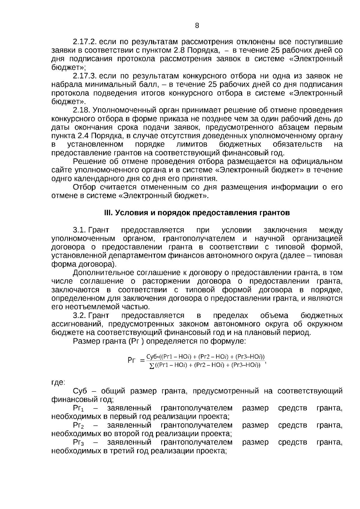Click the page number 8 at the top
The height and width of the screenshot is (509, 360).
tap(197, 26)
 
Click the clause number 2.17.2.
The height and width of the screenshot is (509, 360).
tap(85, 42)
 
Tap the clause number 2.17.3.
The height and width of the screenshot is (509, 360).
tap(85, 76)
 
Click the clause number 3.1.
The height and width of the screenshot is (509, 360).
tap(79, 230)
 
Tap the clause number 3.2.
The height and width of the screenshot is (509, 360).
tap(79, 316)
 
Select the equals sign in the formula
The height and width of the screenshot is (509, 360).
tap(142, 361)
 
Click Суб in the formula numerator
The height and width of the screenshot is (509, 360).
tap(152, 357)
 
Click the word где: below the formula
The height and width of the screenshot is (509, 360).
tap(58, 382)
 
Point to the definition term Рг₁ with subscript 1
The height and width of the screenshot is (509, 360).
tap(79, 408)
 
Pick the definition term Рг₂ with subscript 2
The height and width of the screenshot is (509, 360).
tap(79, 425)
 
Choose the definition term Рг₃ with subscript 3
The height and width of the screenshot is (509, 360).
tap(79, 442)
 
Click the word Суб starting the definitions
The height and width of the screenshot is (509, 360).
tap(80, 391)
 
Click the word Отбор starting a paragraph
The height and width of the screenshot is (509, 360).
tap(84, 187)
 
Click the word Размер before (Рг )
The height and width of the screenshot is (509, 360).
tap(85, 341)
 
